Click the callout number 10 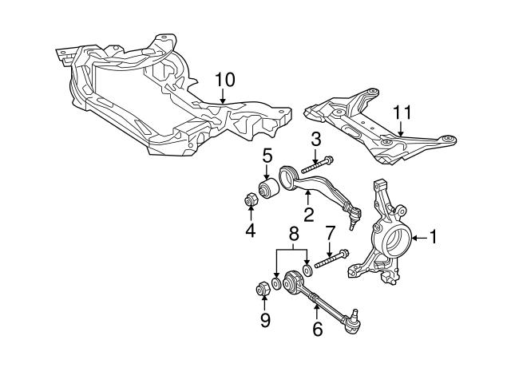click(225, 80)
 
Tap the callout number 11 click(402, 113)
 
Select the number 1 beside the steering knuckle click(433, 238)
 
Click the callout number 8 click(294, 234)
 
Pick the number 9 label click(265, 320)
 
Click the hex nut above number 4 click(251, 199)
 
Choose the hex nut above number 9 click(263, 289)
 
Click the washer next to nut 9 click(276, 283)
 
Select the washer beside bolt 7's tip click(307, 270)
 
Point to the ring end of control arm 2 click(287, 177)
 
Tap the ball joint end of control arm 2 click(355, 215)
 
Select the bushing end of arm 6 click(293, 282)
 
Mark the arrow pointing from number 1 click(420, 238)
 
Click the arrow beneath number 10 click(223, 97)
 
